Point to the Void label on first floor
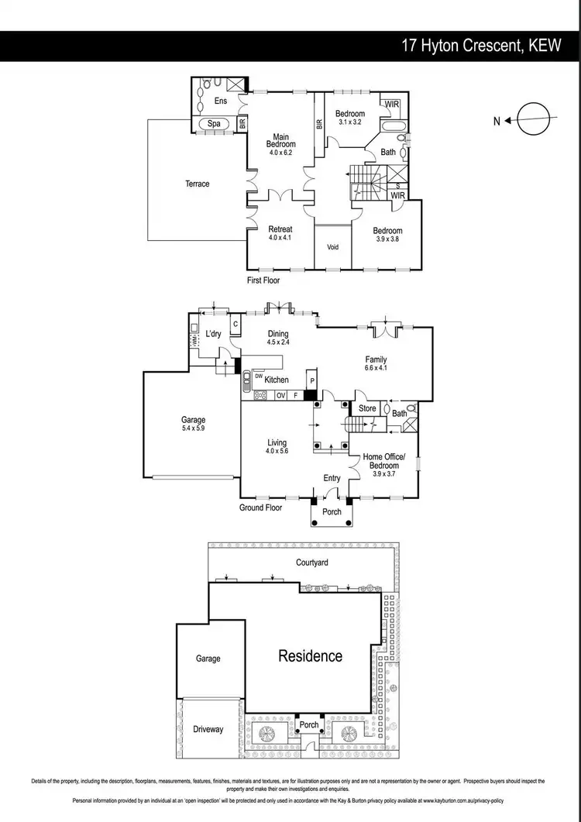[333, 248]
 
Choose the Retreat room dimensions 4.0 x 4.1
[280, 239]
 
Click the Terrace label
[197, 184]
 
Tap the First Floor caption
[263, 280]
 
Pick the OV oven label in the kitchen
[281, 395]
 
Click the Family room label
[376, 359]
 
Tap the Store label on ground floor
[367, 408]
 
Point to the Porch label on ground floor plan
[332, 512]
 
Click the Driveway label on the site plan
[208, 729]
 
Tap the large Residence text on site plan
[310, 656]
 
